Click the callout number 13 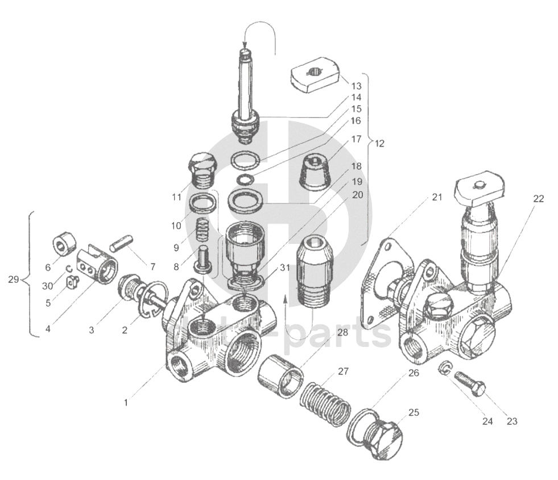pyautogui.click(x=356, y=86)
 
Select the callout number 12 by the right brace pyautogui.click(x=379, y=143)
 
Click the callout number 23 pyautogui.click(x=512, y=421)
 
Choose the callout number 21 pyautogui.click(x=436, y=197)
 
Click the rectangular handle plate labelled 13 pyautogui.click(x=315, y=74)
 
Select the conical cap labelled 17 pyautogui.click(x=315, y=168)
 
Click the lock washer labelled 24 pyautogui.click(x=445, y=369)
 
